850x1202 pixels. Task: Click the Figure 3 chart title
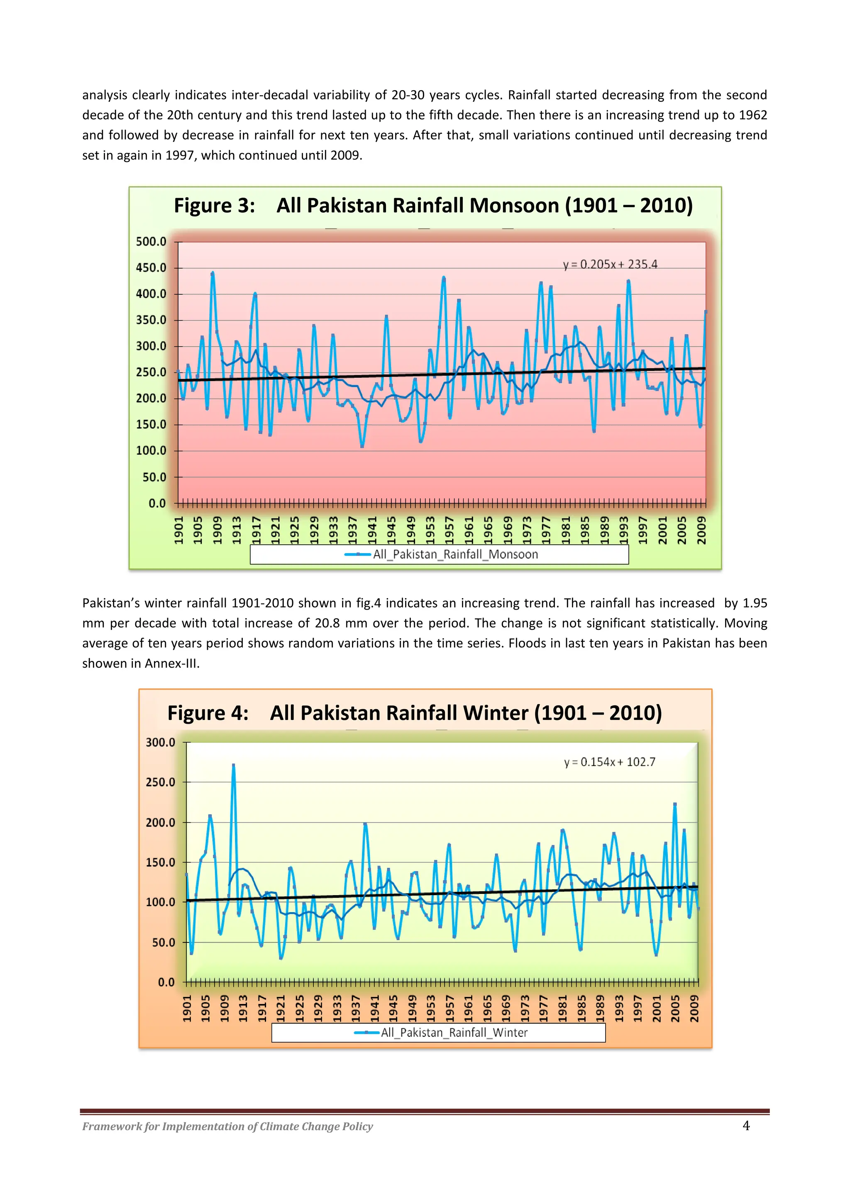coord(433,205)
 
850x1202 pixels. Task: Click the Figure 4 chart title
coord(415,713)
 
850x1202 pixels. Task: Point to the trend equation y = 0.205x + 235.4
coord(610,264)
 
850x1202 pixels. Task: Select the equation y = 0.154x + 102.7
coord(609,762)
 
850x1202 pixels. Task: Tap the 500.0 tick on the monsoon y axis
coord(151,242)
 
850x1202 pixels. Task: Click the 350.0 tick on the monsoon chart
coord(151,320)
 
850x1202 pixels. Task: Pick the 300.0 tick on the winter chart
coord(160,742)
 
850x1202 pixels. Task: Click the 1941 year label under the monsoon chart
coord(372,530)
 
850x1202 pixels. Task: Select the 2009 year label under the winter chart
coord(694,1008)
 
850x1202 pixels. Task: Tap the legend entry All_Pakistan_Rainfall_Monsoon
coord(455,554)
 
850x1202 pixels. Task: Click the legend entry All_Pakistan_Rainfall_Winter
coord(453,1032)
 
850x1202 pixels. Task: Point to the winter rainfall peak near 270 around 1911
coord(233,765)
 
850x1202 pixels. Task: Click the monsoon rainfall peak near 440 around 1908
coord(212,273)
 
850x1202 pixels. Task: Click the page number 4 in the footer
coord(746,1126)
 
